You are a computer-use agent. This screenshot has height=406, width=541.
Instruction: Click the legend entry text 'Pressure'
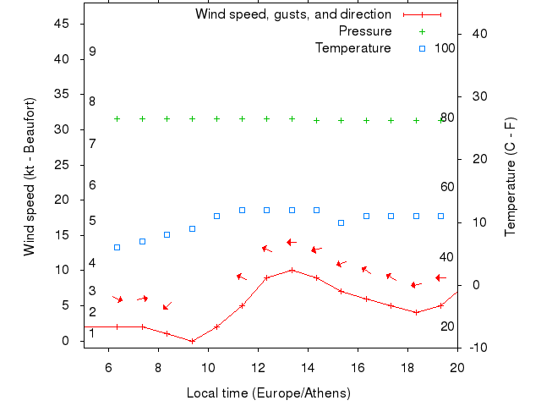[x=365, y=31]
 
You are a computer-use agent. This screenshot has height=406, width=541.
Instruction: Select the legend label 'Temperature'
[x=353, y=48]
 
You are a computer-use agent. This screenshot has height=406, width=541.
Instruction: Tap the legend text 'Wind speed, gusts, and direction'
[x=292, y=14]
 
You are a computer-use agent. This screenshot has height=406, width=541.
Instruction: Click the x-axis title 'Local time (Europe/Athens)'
[x=268, y=393]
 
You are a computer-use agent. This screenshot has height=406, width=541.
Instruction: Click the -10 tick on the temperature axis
[x=473, y=348]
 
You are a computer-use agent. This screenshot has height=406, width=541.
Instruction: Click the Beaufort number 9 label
[x=92, y=52]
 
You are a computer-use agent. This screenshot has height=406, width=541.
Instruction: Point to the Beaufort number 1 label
[x=92, y=333]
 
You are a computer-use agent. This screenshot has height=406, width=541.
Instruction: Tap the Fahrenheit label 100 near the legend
[x=445, y=48]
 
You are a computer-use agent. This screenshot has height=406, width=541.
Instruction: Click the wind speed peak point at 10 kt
[x=292, y=270]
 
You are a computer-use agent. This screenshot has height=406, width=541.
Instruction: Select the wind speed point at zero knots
[x=192, y=341]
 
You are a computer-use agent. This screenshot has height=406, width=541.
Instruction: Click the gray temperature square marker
[x=117, y=247]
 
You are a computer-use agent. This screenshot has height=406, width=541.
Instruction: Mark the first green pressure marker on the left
[x=117, y=119]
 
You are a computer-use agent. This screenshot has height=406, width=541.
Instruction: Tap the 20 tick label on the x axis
[x=457, y=367]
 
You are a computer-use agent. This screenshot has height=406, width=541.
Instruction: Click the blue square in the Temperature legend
[x=422, y=48]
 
